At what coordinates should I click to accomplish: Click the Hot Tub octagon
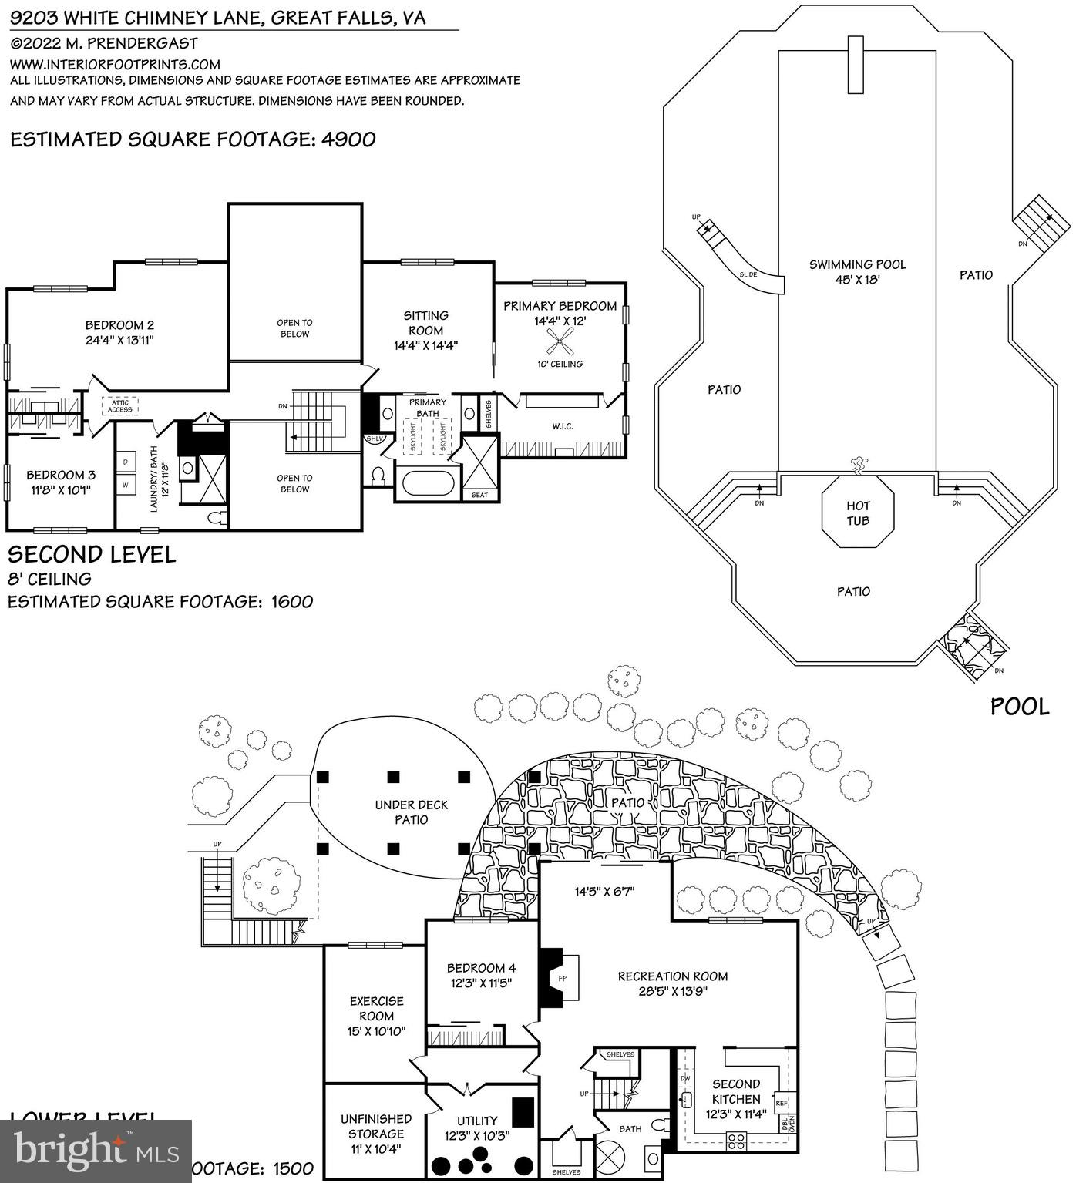point(858,513)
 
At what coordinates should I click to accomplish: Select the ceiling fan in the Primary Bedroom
point(560,340)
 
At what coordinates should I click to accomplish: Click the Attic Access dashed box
point(119,405)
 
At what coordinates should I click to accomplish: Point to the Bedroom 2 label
point(119,332)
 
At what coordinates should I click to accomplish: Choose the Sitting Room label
point(426,330)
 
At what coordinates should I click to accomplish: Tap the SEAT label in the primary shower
point(479,495)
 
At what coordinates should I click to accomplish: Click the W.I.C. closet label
point(563,426)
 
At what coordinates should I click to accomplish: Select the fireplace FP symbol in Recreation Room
point(563,977)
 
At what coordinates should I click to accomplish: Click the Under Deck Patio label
point(411,812)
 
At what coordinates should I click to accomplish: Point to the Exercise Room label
point(376,1016)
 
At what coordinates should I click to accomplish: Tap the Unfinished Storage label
point(375,1133)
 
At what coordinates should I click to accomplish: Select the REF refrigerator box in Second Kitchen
point(782,1103)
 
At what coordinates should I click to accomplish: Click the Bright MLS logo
point(96,1151)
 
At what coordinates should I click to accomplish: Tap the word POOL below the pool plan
point(1019,707)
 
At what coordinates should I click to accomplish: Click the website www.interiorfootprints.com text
point(115,65)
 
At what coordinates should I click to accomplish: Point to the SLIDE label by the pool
point(748,274)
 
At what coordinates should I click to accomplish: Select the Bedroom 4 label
point(481,975)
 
